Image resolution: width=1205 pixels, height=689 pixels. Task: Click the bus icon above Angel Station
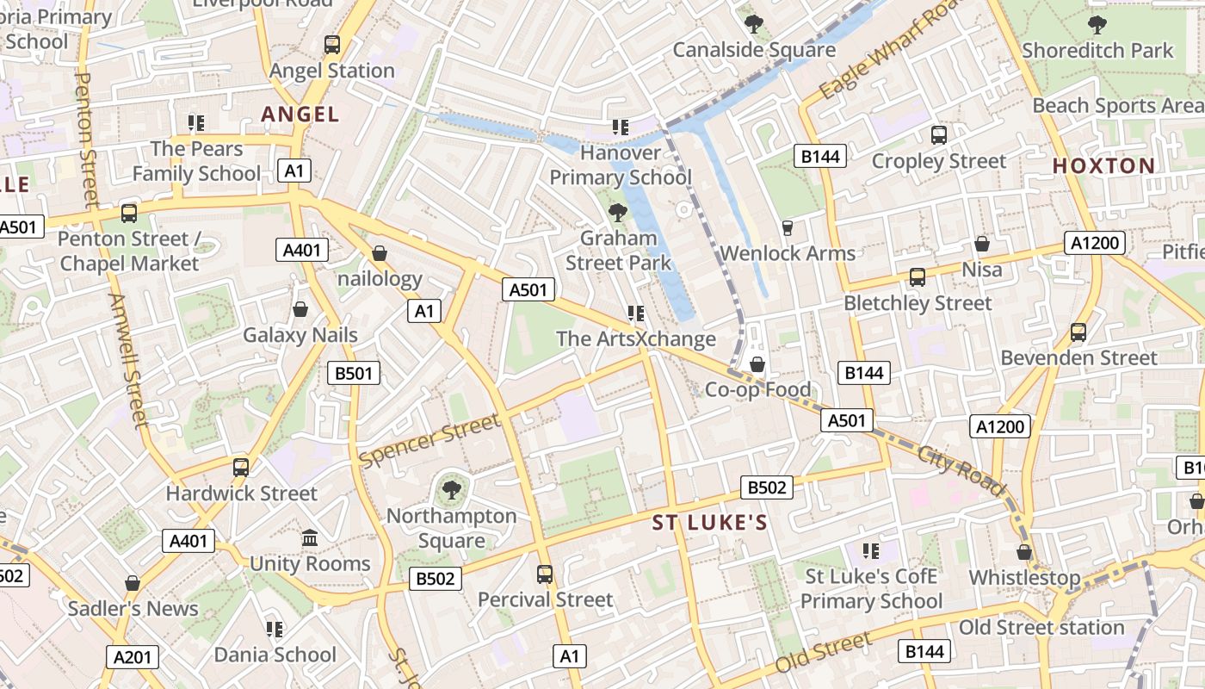332,45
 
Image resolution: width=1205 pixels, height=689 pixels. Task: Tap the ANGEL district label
300,114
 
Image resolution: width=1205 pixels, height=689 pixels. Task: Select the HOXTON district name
1103,166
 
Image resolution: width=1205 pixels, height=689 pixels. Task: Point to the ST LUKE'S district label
709,523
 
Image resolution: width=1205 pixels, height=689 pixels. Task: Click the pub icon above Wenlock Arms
787,228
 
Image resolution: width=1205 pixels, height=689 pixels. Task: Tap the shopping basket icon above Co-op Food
757,365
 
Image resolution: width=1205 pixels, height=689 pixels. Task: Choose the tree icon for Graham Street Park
617,212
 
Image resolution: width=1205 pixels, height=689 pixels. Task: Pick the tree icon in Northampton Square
450,491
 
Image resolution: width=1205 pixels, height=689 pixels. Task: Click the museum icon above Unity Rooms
310,539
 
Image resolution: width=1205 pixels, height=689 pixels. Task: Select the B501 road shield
354,373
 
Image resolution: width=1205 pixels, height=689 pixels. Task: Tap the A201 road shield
133,657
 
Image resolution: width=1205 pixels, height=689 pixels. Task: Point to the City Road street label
961,471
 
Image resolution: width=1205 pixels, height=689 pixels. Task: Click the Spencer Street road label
429,441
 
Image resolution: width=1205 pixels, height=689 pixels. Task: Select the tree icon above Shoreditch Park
1097,24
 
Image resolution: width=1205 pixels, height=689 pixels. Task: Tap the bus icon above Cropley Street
938,135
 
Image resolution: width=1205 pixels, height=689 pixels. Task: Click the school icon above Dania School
275,630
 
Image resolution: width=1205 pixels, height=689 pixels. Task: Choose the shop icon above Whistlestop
1024,552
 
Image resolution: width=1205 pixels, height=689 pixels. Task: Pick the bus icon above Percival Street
545,574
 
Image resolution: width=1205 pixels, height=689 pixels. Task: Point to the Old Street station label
1041,628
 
